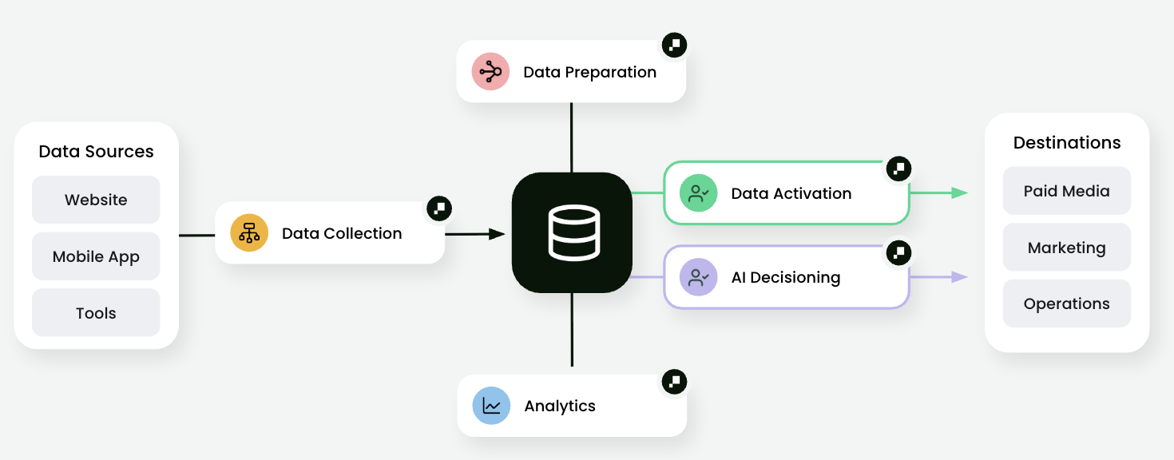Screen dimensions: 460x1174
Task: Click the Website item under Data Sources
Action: [96, 200]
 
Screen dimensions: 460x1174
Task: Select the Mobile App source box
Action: [96, 256]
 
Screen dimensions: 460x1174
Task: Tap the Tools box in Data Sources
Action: [96, 313]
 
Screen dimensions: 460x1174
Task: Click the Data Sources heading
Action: [96, 152]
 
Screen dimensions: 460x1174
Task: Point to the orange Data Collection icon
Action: [249, 233]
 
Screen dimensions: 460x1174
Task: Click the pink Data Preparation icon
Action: [490, 72]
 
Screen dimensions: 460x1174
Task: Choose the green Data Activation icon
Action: [698, 193]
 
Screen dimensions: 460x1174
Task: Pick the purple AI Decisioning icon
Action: [698, 277]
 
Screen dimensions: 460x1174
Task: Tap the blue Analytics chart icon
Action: [491, 406]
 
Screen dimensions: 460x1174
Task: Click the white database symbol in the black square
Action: [572, 232]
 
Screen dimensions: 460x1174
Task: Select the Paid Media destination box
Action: [1066, 191]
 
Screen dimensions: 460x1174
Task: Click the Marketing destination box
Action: [1066, 248]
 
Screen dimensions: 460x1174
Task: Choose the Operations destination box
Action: [1066, 303]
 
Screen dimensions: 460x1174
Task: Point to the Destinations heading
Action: [1066, 143]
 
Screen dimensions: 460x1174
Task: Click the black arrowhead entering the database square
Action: [496, 234]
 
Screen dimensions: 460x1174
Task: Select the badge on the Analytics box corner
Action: [674, 381]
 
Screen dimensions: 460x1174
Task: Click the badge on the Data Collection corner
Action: [438, 208]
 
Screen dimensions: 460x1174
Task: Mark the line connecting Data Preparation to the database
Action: [572, 137]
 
